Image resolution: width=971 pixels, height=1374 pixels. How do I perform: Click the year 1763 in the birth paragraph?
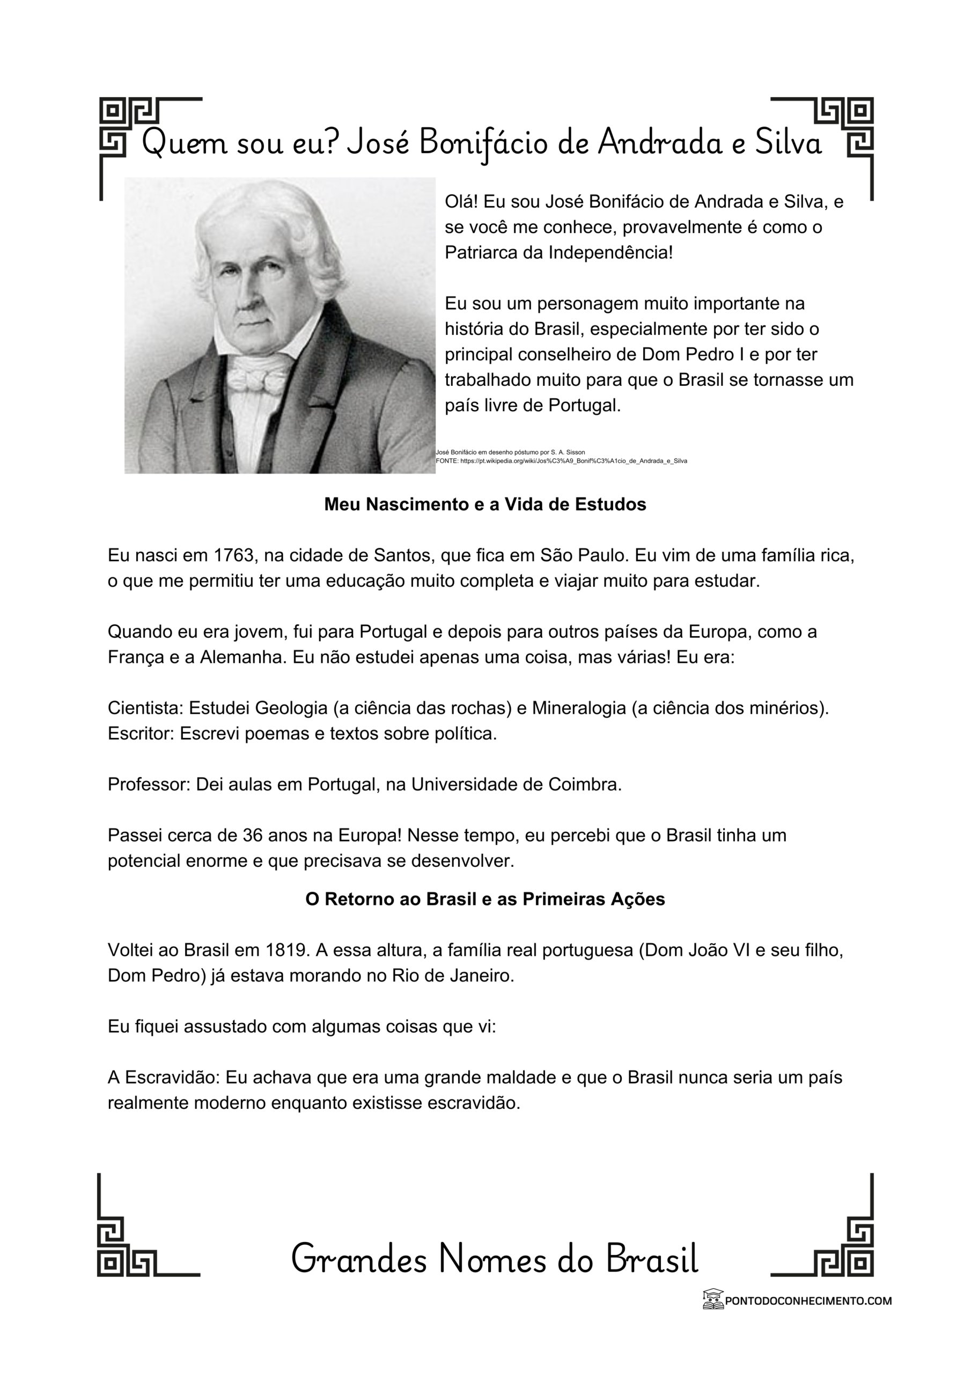(234, 556)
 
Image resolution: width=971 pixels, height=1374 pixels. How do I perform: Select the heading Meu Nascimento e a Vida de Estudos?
(485, 505)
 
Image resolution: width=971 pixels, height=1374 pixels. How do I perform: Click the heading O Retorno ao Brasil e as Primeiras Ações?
(485, 899)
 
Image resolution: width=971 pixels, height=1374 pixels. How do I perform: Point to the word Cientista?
(145, 708)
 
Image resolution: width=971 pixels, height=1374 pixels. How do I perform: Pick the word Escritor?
(141, 734)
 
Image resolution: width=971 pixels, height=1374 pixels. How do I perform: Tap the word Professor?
(149, 785)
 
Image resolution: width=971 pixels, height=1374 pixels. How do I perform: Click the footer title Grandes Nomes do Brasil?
(495, 1259)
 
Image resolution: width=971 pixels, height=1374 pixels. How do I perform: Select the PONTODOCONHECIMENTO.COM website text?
(808, 1300)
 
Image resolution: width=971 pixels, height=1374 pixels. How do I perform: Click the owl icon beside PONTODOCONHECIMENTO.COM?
(712, 1300)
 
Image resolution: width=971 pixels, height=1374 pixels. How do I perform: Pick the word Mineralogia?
(579, 708)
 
